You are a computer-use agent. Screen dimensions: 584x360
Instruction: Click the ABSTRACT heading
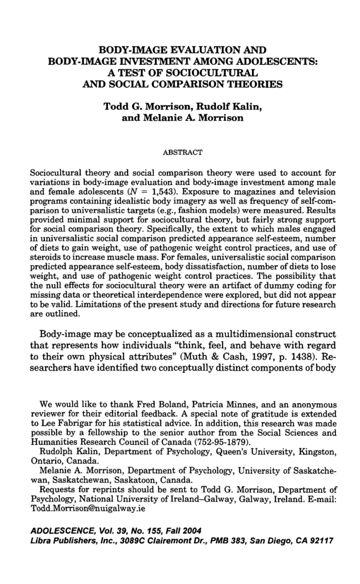[183, 152]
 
